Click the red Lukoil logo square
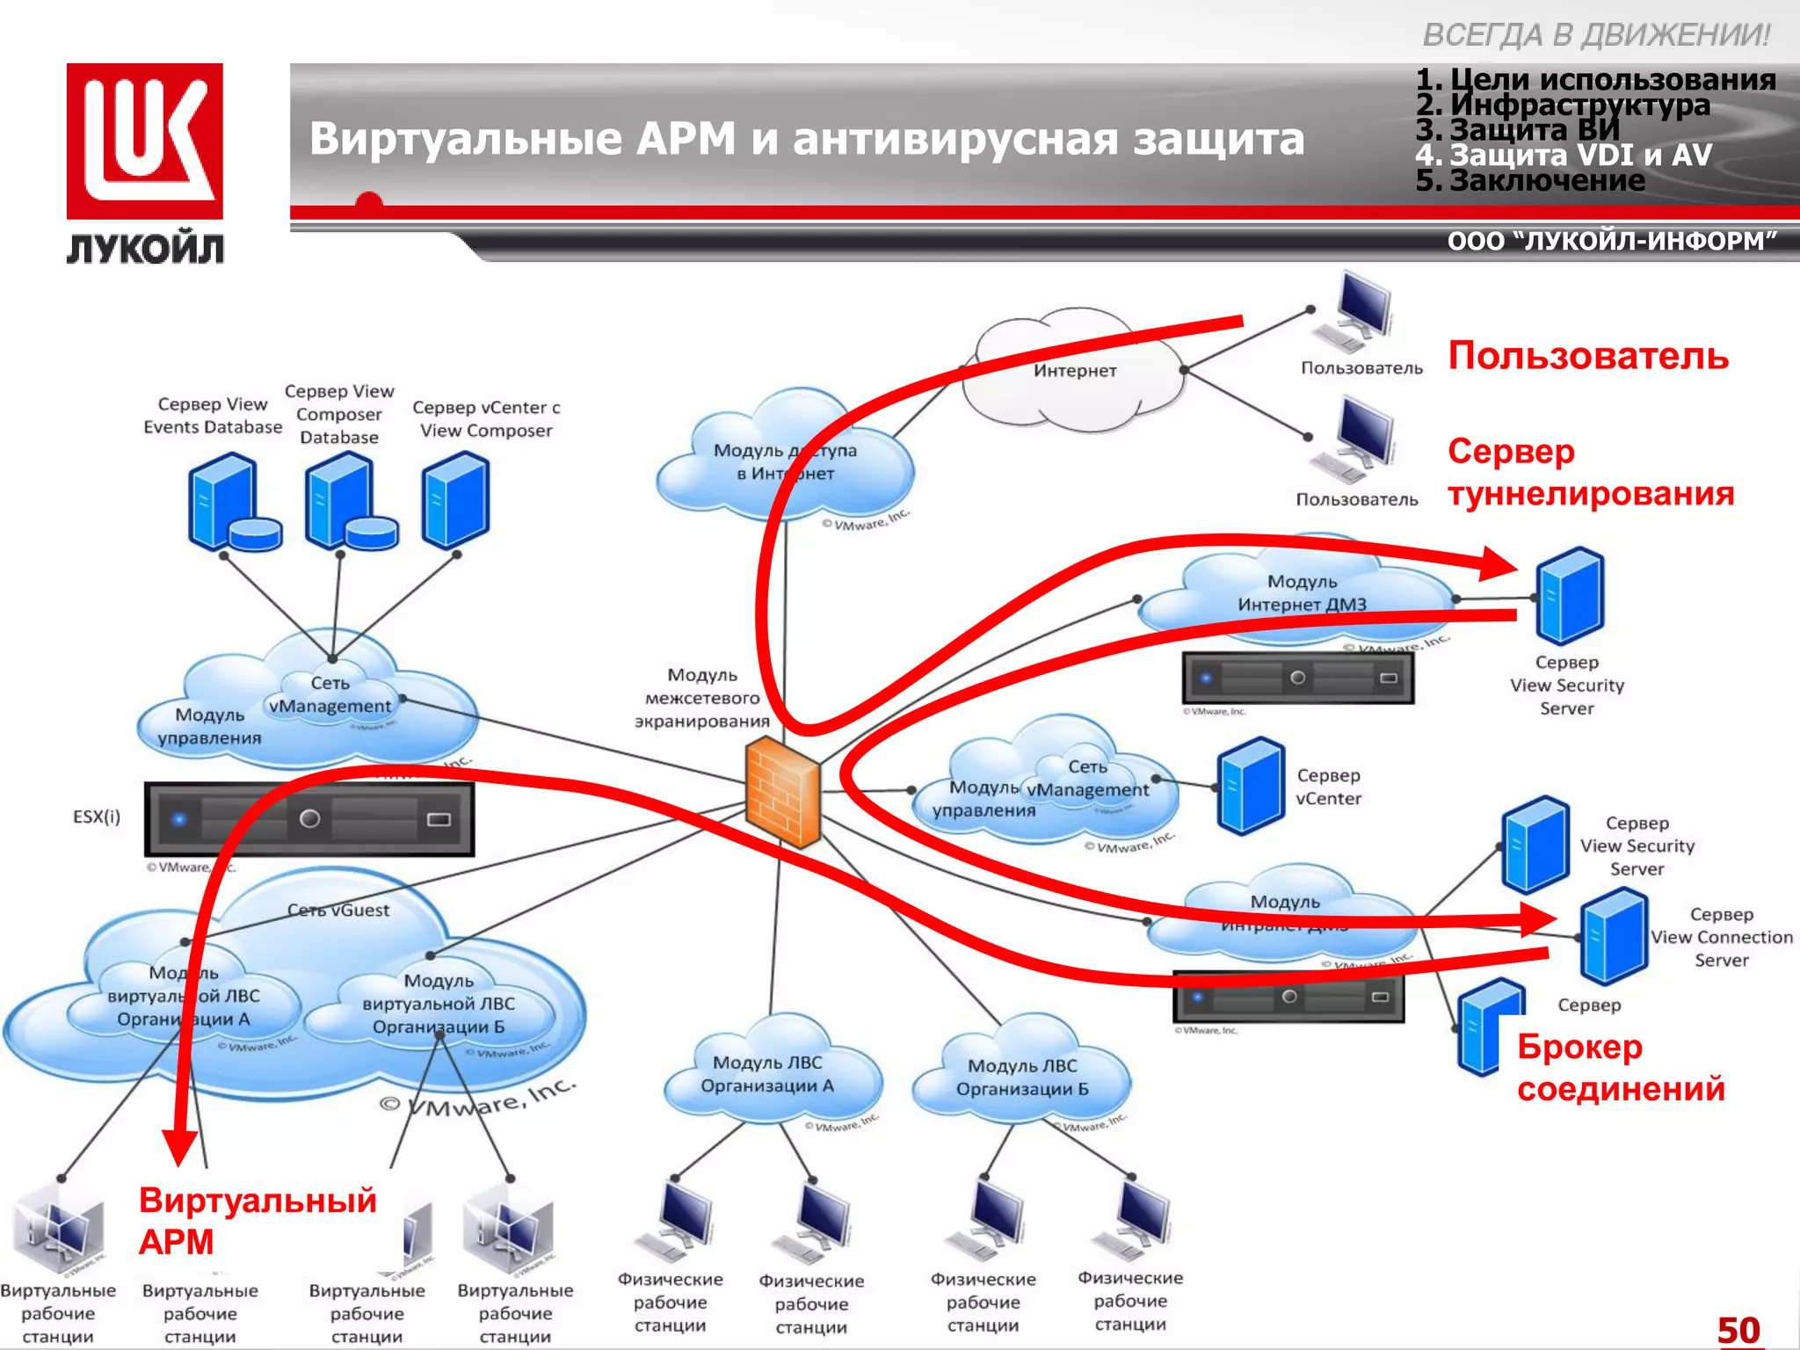[144, 141]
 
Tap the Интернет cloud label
[1074, 371]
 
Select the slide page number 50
[1738, 1330]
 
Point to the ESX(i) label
[97, 817]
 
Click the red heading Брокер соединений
[1620, 1068]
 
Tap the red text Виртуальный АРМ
[257, 1221]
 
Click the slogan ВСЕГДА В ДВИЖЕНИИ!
[1595, 35]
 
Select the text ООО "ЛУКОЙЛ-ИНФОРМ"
[1611, 241]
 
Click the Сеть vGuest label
[338, 911]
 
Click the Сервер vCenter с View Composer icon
[455, 499]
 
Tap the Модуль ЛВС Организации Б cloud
[1021, 1078]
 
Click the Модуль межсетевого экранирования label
[701, 698]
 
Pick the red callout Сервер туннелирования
[1590, 472]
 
